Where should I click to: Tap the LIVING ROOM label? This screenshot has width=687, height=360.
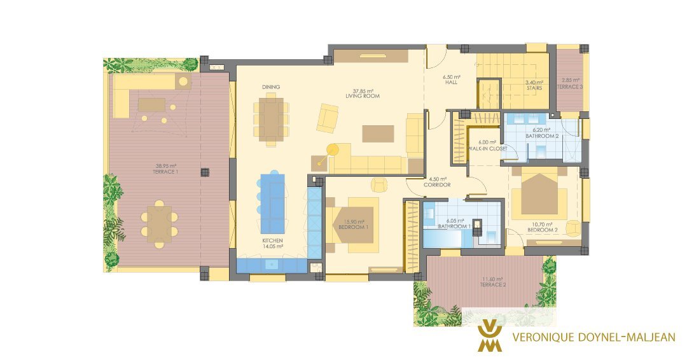pyautogui.click(x=363, y=96)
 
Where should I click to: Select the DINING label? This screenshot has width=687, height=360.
pyautogui.click(x=271, y=87)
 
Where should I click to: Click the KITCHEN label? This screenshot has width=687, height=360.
pyautogui.click(x=272, y=241)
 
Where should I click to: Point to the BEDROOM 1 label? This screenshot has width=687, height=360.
pyautogui.click(x=353, y=227)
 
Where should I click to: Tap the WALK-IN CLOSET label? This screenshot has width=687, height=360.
pyautogui.click(x=487, y=148)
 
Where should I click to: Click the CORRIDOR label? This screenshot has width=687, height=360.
pyautogui.click(x=437, y=185)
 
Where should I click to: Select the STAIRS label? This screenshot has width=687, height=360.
pyautogui.click(x=534, y=88)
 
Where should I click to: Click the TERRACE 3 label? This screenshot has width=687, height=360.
pyautogui.click(x=569, y=87)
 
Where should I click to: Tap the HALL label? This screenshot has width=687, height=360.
pyautogui.click(x=451, y=82)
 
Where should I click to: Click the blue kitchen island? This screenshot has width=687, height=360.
pyautogui.click(x=272, y=204)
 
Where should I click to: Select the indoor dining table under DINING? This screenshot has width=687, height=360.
pyautogui.click(x=271, y=119)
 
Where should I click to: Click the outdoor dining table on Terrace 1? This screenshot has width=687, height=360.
pyautogui.click(x=159, y=225)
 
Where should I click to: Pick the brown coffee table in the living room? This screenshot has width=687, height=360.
pyautogui.click(x=378, y=134)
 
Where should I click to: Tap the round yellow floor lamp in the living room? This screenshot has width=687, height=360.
pyautogui.click(x=333, y=149)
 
